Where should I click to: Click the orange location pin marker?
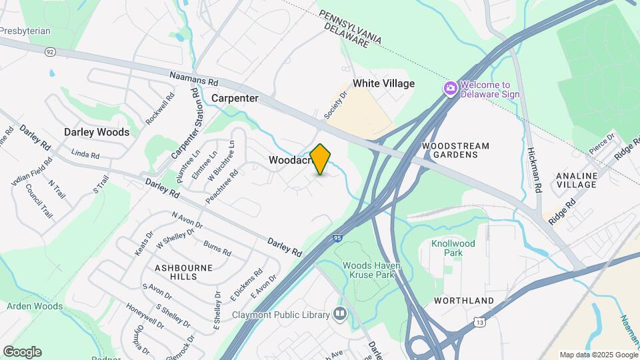[x=321, y=159]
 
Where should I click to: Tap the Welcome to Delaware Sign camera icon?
[x=451, y=88]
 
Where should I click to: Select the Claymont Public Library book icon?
[x=341, y=314]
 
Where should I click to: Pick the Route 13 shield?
[x=480, y=323]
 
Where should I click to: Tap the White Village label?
[x=383, y=83]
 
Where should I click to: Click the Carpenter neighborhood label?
[x=235, y=98]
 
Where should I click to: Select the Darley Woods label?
[x=97, y=132]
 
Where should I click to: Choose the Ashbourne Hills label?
[x=185, y=271]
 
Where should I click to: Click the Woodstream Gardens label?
[x=456, y=150]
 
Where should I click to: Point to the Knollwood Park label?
[x=453, y=248]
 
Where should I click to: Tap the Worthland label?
[x=464, y=301]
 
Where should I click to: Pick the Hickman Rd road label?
[x=535, y=171]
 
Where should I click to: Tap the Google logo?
[x=22, y=351]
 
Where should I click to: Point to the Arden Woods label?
[x=35, y=307]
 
